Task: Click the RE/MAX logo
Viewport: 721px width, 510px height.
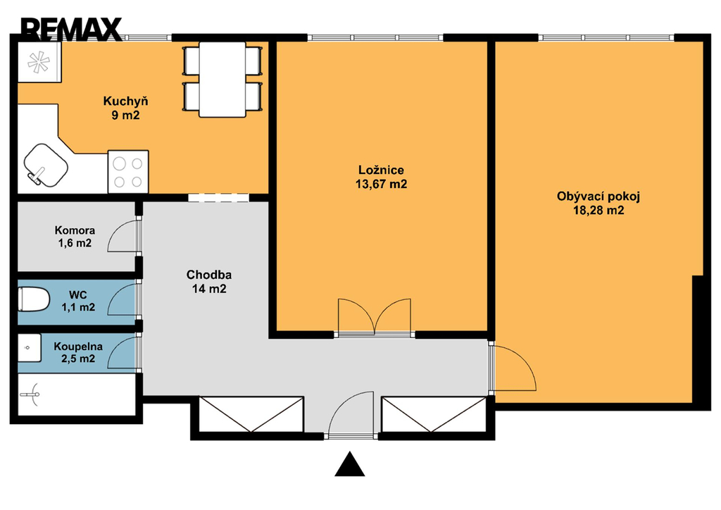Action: [x=71, y=30]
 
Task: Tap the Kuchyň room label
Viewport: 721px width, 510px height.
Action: [x=125, y=101]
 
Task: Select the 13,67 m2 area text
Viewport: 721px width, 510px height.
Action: [x=381, y=185]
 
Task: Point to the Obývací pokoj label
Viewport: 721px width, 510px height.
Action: [x=598, y=197]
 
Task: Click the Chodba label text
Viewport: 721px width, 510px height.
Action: [x=208, y=275]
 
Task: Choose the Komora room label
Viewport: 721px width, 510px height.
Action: [x=75, y=230]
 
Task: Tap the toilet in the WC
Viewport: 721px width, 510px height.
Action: [x=34, y=299]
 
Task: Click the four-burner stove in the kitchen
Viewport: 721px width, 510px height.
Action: [x=128, y=172]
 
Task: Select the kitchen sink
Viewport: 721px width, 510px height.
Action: [x=45, y=166]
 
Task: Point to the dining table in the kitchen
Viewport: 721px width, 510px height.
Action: [x=222, y=79]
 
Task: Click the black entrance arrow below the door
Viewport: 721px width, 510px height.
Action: [x=350, y=464]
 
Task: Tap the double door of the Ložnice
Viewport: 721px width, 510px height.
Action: [x=375, y=317]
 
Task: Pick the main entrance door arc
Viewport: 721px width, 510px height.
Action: [x=351, y=413]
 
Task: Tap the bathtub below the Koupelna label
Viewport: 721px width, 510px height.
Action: [x=77, y=394]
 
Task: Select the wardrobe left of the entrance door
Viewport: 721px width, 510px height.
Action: [x=251, y=414]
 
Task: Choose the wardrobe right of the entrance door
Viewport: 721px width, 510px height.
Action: [x=434, y=414]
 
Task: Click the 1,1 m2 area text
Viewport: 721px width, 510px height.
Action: [x=79, y=306]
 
